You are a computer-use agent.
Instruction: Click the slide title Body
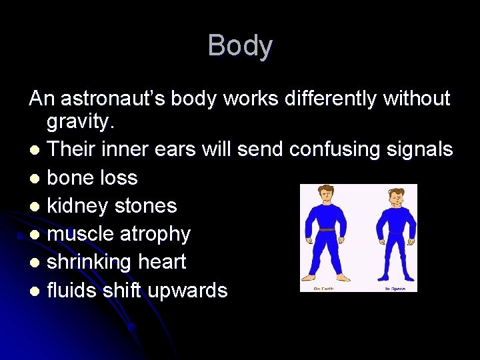(x=240, y=46)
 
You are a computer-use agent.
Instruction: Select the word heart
(x=160, y=263)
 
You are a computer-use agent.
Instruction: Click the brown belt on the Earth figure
(x=327, y=229)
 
